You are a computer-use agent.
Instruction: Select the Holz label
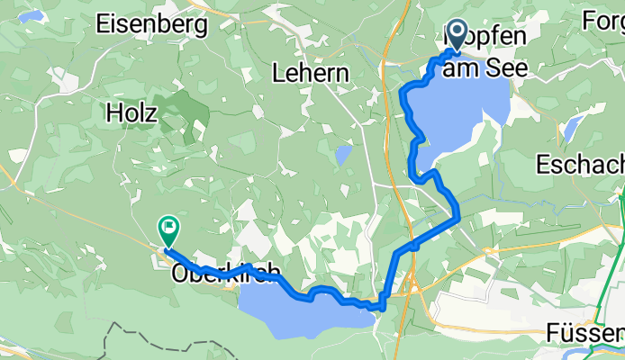[131, 112]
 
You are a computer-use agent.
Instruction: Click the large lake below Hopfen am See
[459, 112]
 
